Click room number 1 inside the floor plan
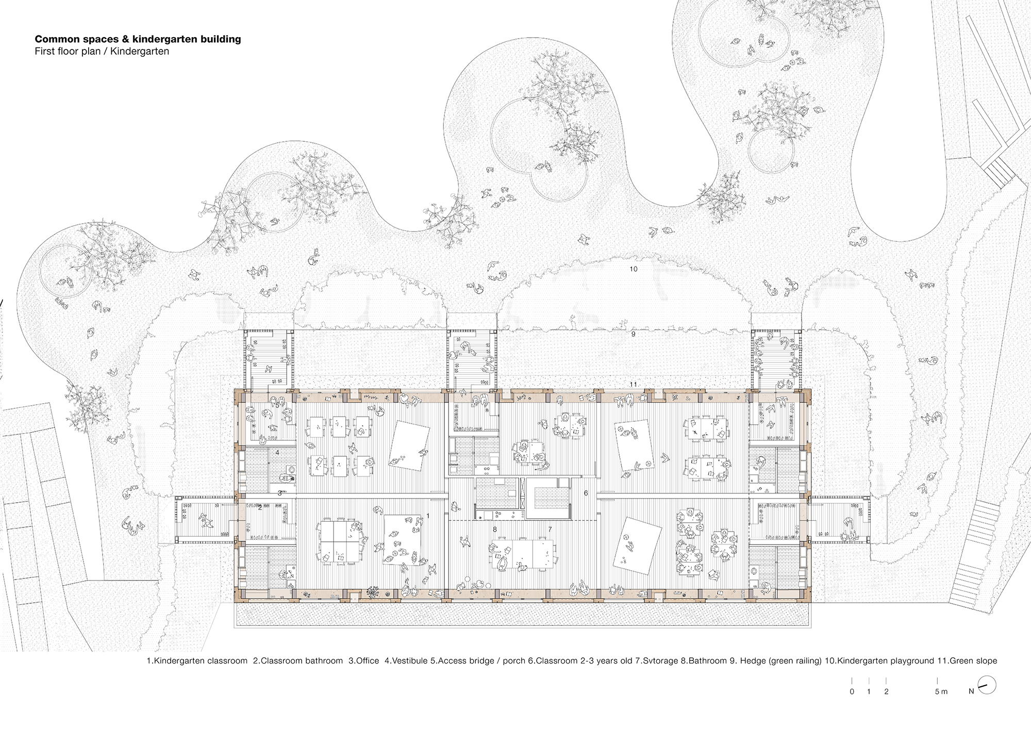(x=427, y=516)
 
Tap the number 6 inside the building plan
(x=586, y=493)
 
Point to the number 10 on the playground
(x=634, y=269)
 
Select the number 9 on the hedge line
(x=633, y=334)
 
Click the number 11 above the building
(x=634, y=385)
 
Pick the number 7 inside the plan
(x=550, y=529)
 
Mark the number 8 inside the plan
(x=495, y=529)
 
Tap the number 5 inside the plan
(x=277, y=405)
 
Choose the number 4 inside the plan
(x=277, y=453)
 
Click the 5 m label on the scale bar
(x=941, y=692)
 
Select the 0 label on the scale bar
(x=852, y=692)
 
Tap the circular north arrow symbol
(x=987, y=685)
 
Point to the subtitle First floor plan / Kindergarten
(x=102, y=52)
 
